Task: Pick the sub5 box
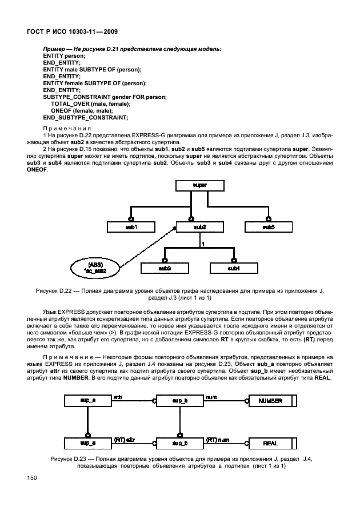click(x=268, y=227)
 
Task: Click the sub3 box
click(x=165, y=268)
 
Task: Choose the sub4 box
click(x=233, y=268)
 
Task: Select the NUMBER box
click(x=271, y=401)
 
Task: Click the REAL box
click(x=271, y=443)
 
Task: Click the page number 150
click(x=27, y=477)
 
